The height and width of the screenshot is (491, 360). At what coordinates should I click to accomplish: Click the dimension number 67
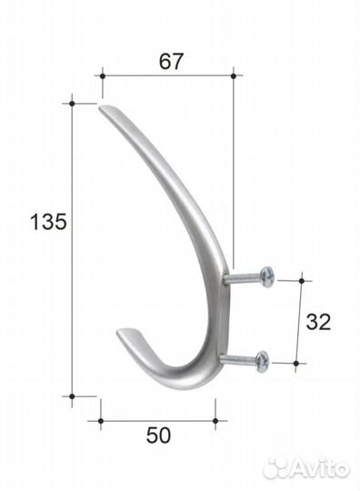pos(170,62)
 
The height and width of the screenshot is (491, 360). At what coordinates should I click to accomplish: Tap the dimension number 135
pos(48,222)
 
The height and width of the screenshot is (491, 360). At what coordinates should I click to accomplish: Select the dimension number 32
pos(318,322)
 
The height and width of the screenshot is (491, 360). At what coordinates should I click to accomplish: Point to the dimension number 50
pos(158,436)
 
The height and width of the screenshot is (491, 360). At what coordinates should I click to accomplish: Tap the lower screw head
pos(262,361)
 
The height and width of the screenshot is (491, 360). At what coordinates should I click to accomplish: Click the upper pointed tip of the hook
pos(100,107)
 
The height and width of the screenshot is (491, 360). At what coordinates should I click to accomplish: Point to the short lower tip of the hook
pos(118,332)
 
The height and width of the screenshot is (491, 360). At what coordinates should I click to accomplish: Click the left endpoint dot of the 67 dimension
pos(102,76)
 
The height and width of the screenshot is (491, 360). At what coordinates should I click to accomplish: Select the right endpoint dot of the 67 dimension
pos(233,76)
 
